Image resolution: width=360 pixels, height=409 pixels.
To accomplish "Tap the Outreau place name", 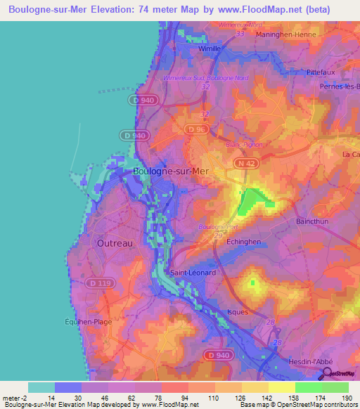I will point(112,242).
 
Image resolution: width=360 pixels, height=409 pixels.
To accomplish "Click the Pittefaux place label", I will point(323,72).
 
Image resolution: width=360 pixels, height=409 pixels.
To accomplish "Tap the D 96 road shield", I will point(195,129).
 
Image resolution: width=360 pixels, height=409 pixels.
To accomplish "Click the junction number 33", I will point(240,33).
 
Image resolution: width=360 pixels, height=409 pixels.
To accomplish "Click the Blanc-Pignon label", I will point(243,144).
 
